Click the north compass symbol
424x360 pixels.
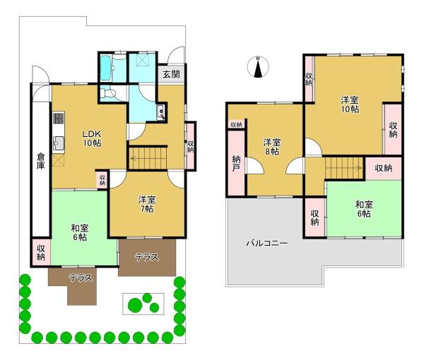258,67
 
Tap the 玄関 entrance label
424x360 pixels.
172,73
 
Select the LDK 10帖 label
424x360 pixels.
92,138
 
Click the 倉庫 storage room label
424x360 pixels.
41,161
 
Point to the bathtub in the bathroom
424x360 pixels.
105,68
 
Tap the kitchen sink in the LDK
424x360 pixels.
59,143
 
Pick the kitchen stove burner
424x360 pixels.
59,118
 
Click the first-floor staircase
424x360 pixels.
148,158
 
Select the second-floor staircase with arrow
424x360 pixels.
344,168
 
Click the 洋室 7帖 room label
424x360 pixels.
147,204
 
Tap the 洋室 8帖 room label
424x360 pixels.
272,147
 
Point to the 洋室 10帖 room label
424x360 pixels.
350,104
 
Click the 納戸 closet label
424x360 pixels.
236,164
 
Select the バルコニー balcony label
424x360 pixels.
267,244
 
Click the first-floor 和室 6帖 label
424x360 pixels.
80,232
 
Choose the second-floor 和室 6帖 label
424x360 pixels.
364,209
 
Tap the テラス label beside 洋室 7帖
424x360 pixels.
147,257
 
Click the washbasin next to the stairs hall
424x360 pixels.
160,112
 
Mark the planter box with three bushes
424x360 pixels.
143,304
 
